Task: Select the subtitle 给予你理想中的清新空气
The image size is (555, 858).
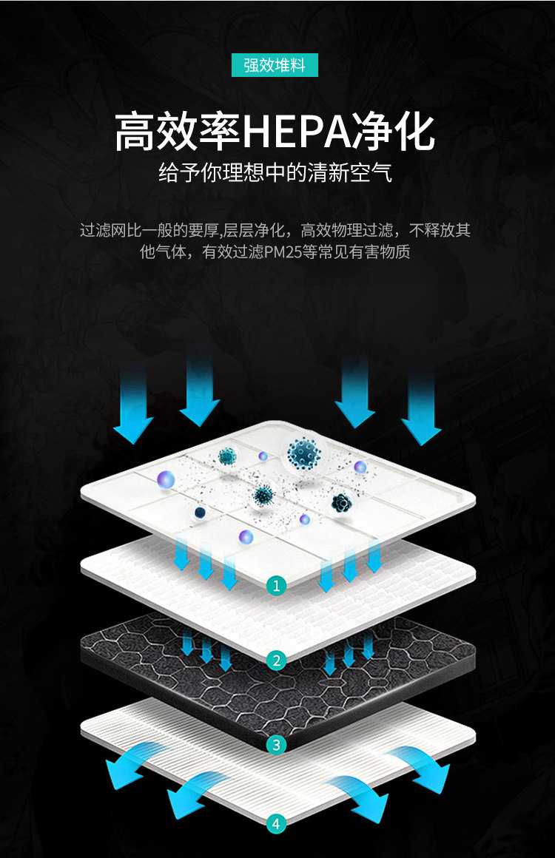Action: [275, 174]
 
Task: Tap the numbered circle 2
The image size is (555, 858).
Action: [277, 660]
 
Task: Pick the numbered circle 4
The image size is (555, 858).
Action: [277, 822]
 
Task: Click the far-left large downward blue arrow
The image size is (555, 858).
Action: [134, 403]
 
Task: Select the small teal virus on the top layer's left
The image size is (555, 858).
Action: [226, 456]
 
